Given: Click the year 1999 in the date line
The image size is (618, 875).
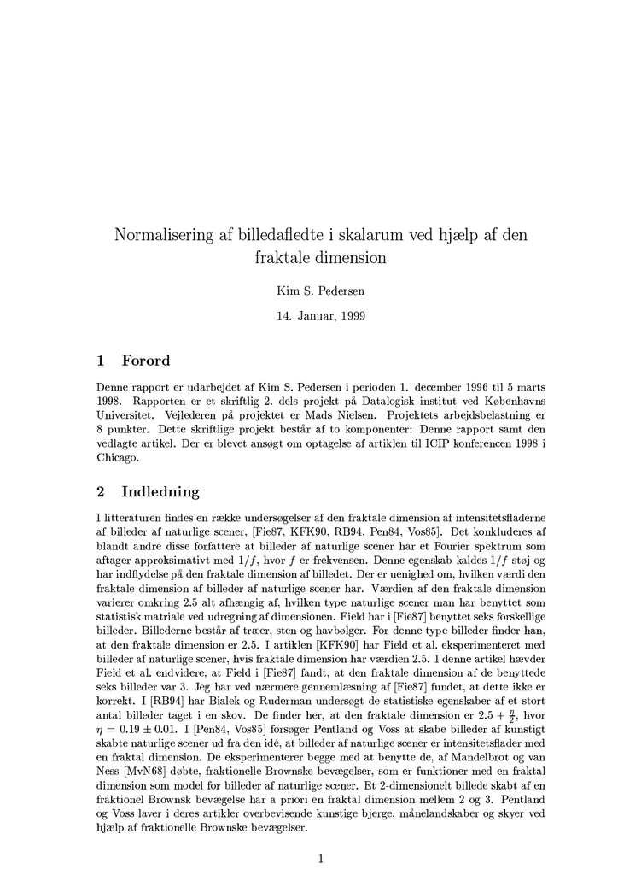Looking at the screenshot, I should [x=352, y=315].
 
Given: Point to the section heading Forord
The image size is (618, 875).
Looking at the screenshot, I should [x=146, y=360].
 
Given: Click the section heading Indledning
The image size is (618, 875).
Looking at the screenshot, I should [x=160, y=491].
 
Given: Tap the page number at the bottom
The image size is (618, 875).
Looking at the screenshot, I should [x=320, y=859].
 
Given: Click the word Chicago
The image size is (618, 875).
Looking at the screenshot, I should [x=117, y=458].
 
